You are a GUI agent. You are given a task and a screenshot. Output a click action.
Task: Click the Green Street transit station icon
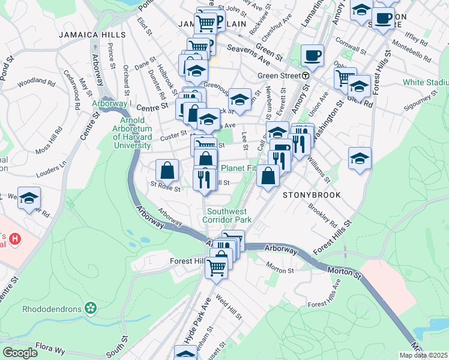[306, 76]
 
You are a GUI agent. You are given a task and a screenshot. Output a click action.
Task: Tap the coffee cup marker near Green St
[312, 56]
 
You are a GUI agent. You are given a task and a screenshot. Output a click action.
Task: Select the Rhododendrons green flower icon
[91, 308]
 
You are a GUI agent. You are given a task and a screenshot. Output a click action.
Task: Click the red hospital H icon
[16, 239]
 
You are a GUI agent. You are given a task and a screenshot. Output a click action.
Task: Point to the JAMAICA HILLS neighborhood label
[92, 35]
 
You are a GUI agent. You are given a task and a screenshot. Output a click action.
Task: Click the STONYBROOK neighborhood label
[312, 195]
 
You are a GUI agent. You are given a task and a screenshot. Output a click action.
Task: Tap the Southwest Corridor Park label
[230, 215]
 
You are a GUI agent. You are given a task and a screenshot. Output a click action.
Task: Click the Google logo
[20, 352]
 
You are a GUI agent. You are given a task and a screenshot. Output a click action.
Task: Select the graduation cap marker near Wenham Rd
[29, 199]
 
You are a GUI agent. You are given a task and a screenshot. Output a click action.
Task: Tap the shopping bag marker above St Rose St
[167, 170]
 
